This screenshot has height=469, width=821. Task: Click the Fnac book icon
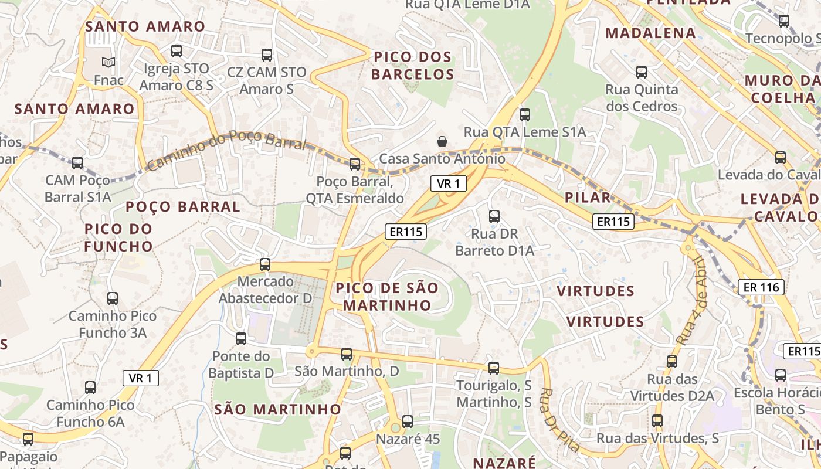pyautogui.click(x=108, y=62)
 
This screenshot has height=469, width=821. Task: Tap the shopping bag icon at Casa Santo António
pyautogui.click(x=442, y=141)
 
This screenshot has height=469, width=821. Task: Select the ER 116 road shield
pyautogui.click(x=761, y=287)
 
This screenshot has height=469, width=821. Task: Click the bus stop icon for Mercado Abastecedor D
pyautogui.click(x=265, y=264)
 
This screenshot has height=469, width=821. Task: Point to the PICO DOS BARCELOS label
pyautogui.click(x=413, y=66)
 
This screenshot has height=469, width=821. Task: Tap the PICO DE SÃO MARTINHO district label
pyautogui.click(x=387, y=297)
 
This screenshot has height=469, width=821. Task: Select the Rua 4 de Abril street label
pyautogui.click(x=693, y=300)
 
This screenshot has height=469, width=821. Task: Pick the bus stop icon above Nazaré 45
pyautogui.click(x=408, y=422)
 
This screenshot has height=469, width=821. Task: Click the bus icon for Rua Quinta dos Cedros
pyautogui.click(x=642, y=72)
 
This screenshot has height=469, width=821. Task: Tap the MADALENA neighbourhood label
pyautogui.click(x=651, y=33)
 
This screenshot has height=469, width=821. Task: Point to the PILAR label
pyautogui.click(x=588, y=198)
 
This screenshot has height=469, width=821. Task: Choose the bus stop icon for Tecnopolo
pyautogui.click(x=784, y=21)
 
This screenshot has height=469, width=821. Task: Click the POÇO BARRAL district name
pyautogui.click(x=183, y=206)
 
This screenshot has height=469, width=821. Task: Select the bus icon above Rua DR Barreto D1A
pyautogui.click(x=494, y=216)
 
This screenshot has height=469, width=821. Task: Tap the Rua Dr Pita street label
pyautogui.click(x=560, y=420)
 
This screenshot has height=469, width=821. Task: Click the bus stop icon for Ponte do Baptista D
pyautogui.click(x=241, y=339)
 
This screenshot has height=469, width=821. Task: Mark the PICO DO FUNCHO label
pyautogui.click(x=118, y=237)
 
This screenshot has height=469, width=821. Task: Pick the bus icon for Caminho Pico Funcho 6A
pyautogui.click(x=90, y=388)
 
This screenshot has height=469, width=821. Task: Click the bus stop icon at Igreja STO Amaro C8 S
pyautogui.click(x=177, y=51)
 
